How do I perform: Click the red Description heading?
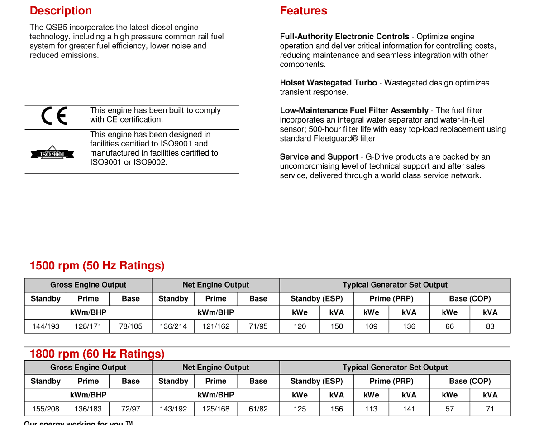tap(61, 11)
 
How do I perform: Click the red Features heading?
tap(303, 11)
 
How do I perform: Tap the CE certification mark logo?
tap(54, 116)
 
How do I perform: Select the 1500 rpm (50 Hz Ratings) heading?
tap(97, 266)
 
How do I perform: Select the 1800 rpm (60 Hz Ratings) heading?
tap(97, 354)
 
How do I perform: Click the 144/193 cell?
tap(46, 326)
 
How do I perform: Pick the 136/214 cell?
tap(173, 326)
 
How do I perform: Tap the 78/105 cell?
tap(131, 326)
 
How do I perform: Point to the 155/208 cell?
tap(46, 409)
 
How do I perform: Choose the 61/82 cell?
tap(258, 409)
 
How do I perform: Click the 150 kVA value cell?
tap(337, 326)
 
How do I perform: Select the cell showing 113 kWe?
tap(371, 409)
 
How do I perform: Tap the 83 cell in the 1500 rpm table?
tap(490, 326)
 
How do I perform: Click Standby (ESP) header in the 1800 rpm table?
tap(316, 381)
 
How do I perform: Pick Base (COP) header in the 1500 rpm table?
tap(470, 299)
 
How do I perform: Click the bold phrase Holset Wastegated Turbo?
tap(328, 83)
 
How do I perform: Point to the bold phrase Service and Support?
tap(319, 157)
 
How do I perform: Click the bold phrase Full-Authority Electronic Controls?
tap(344, 37)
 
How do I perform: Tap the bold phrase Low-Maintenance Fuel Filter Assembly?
tap(354, 110)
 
